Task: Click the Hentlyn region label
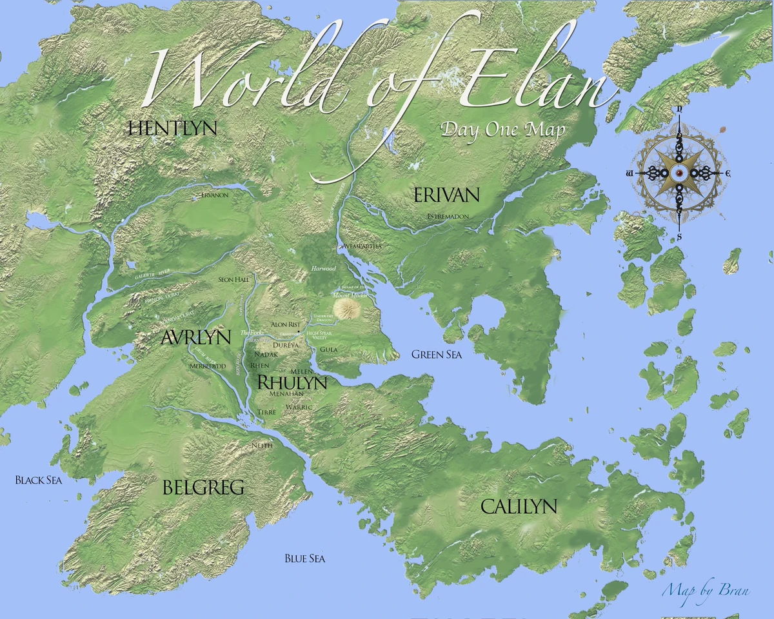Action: [172, 128]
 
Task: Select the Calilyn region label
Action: [519, 507]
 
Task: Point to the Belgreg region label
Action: [203, 487]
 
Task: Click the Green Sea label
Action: [437, 354]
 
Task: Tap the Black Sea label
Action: [38, 480]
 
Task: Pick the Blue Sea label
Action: [304, 558]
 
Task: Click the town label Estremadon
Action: [448, 217]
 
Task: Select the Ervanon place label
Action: [215, 195]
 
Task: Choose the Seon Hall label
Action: [233, 280]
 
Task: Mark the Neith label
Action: [262, 446]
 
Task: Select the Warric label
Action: [299, 408]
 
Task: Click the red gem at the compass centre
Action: [679, 174]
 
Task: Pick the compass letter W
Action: [628, 174]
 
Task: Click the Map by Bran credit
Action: [705, 589]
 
